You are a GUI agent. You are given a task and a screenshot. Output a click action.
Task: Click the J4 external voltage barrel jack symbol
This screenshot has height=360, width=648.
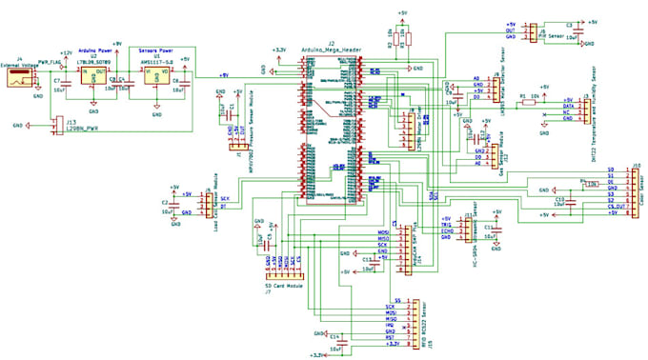(19, 82)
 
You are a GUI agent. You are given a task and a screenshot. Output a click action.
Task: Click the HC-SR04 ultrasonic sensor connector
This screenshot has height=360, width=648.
(464, 233)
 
